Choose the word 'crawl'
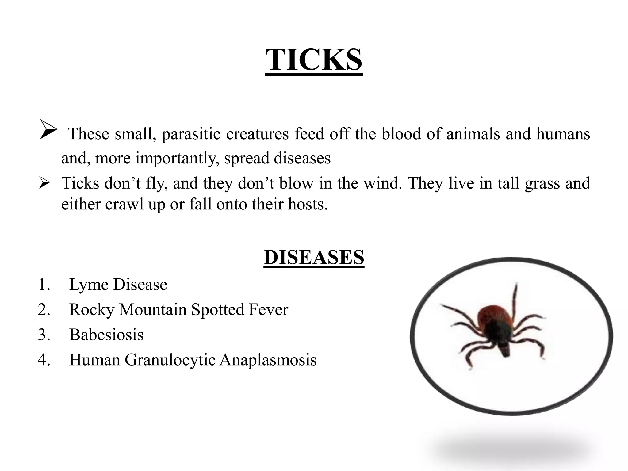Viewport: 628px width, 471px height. tap(124, 204)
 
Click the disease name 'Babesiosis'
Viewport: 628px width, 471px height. tap(106, 335)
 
